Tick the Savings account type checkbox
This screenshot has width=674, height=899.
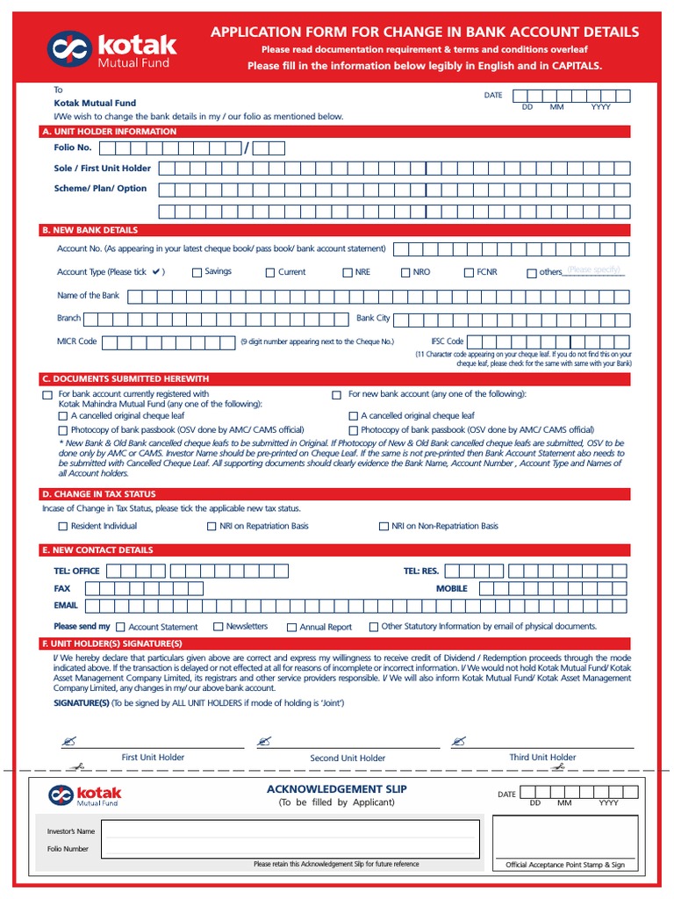click(197, 273)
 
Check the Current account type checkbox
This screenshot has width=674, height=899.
click(270, 273)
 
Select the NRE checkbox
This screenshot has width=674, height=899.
click(348, 273)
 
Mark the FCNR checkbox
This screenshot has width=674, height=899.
click(470, 273)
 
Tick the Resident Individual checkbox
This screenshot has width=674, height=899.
click(62, 527)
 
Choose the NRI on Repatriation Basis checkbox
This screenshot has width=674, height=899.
click(212, 527)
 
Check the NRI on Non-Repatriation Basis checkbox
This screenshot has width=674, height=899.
click(384, 527)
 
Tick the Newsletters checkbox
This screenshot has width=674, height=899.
click(219, 627)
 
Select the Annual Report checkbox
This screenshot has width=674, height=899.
click(290, 628)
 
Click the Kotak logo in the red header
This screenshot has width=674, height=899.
click(113, 49)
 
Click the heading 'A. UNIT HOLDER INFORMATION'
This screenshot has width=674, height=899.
click(110, 132)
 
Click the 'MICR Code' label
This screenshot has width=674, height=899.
click(76, 341)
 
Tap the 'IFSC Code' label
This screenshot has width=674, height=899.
click(447, 341)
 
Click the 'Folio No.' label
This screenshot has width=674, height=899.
click(73, 147)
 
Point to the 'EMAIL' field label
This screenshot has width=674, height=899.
click(66, 606)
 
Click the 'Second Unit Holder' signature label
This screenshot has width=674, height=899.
click(348, 758)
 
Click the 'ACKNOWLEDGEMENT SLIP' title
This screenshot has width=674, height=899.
click(337, 789)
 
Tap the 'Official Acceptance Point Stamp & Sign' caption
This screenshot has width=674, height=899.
click(565, 865)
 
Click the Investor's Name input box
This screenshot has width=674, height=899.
click(290, 831)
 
